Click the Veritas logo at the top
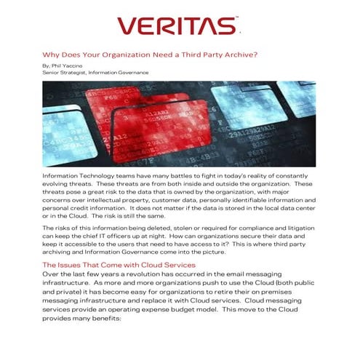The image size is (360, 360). tap(177, 28)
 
